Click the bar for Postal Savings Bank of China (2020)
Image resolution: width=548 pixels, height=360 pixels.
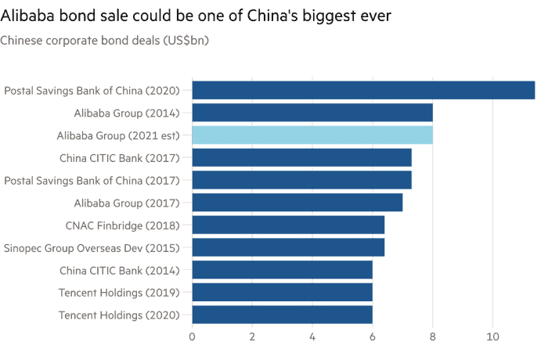pyautogui.click(x=363, y=90)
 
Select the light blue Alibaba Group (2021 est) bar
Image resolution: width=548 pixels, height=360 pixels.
pyautogui.click(x=312, y=135)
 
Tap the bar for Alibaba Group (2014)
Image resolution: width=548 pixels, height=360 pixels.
pyautogui.click(x=312, y=113)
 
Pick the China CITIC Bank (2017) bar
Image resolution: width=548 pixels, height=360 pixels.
pyautogui.click(x=302, y=157)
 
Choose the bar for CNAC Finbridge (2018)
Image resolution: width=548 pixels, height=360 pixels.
pyautogui.click(x=288, y=225)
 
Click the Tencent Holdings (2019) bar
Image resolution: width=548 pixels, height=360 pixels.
pyautogui.click(x=282, y=293)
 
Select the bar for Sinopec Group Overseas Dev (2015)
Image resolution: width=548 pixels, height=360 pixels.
pyautogui.click(x=288, y=248)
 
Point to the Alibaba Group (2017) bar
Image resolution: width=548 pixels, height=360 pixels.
pyautogui.click(x=297, y=203)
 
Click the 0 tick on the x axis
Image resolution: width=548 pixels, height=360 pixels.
pyautogui.click(x=192, y=337)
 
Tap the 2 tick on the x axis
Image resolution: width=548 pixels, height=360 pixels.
pyautogui.click(x=252, y=337)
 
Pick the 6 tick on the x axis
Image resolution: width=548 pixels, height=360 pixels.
pyautogui.click(x=372, y=337)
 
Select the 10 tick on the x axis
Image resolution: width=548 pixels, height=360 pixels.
pyautogui.click(x=492, y=337)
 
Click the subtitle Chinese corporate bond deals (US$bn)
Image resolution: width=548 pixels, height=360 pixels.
pyautogui.click(x=105, y=40)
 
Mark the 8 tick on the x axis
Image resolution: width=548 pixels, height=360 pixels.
pyautogui.click(x=432, y=337)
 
